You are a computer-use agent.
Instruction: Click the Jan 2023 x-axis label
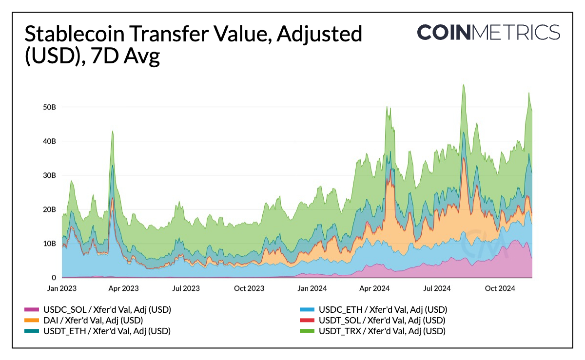(62, 288)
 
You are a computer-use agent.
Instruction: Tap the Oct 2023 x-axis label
(249, 288)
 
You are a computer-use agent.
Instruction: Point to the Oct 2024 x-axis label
(497, 288)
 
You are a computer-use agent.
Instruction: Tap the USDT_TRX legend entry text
(382, 331)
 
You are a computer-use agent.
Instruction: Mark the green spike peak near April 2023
(113, 131)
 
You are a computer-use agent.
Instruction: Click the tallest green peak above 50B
(463, 85)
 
